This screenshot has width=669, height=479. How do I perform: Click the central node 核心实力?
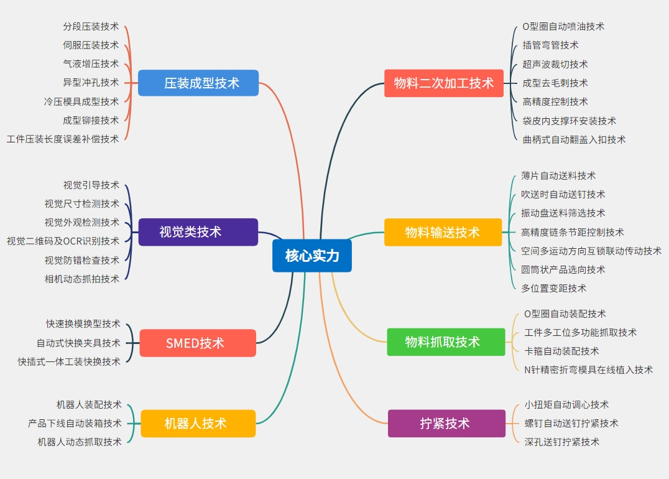tap(311, 256)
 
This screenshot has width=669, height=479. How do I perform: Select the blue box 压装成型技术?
tap(198, 83)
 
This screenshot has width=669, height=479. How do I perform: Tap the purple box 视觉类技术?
tap(198, 232)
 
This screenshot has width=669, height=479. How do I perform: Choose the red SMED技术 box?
tap(198, 343)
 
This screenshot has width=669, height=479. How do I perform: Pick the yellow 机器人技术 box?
tap(198, 424)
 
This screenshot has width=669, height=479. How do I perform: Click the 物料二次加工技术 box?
tap(443, 83)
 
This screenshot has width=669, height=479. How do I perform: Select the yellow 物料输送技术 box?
tap(443, 232)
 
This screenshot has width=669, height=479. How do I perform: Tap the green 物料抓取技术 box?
tap(446, 342)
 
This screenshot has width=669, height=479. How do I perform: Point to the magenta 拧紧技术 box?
tap(446, 424)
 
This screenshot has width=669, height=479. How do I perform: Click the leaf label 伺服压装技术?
tap(91, 45)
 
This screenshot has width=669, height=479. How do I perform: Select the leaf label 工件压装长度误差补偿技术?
tap(63, 139)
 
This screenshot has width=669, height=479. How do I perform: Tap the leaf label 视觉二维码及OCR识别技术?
tap(63, 241)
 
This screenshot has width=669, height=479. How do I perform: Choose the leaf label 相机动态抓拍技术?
tap(82, 279)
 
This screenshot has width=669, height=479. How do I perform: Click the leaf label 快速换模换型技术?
tap(83, 323)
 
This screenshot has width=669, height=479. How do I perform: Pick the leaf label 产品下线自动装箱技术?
tap(75, 423)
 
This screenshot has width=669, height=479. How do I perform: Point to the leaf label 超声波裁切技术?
tap(555, 64)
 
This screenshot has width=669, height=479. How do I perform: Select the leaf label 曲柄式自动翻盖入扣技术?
tap(574, 139)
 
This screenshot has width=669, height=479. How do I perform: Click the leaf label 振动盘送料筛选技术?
tap(563, 213)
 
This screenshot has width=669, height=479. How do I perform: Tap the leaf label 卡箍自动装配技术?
tap(562, 351)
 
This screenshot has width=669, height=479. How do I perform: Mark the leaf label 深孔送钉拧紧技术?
tap(562, 442)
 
